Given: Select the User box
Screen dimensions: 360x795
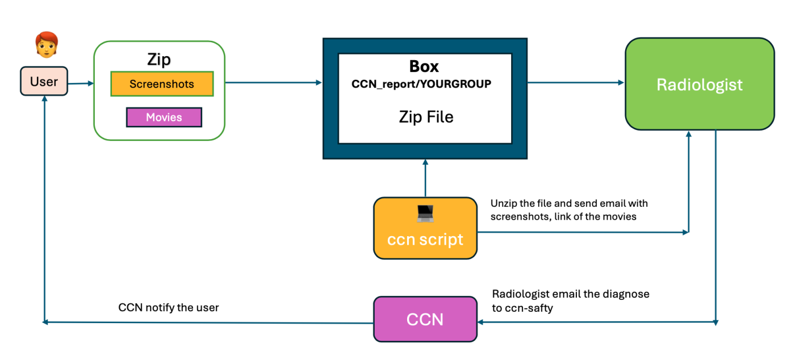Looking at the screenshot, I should [44, 81].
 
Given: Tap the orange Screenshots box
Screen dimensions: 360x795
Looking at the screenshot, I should [162, 84].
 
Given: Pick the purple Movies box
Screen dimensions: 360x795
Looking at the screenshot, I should [164, 118].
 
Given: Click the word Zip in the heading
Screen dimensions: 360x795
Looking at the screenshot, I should [159, 60].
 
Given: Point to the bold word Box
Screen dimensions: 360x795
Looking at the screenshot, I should [424, 66].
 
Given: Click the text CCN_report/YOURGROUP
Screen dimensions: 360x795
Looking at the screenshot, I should [421, 84].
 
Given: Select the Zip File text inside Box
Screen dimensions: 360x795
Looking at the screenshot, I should [425, 117].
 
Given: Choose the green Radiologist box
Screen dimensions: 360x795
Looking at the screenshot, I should [699, 85].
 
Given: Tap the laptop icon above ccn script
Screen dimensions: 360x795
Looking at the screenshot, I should [425, 214].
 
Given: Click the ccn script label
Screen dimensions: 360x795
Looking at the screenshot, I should [425, 239].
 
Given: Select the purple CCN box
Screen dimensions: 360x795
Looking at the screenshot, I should [425, 319].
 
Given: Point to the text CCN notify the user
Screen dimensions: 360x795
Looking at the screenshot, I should [169, 307].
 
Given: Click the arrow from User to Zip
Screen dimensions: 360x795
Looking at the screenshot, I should [80, 83].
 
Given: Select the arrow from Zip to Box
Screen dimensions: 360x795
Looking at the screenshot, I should [273, 83].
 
